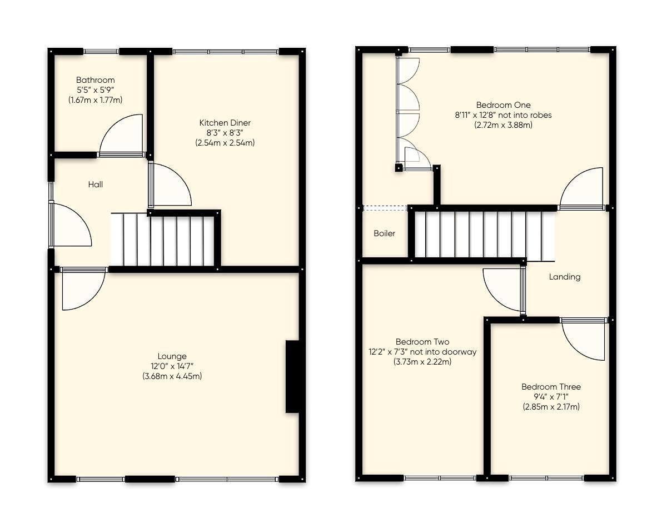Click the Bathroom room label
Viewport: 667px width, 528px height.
(95, 80)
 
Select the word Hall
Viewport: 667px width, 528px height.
(95, 185)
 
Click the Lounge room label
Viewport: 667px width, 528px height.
(172, 356)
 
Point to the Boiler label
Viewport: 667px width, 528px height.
(384, 233)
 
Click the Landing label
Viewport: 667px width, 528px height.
(564, 277)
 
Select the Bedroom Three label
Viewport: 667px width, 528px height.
(551, 387)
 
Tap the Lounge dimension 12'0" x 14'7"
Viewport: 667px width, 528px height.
(172, 366)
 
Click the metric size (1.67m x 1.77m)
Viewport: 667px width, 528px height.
(95, 100)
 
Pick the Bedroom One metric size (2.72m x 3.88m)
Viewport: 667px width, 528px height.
(503, 125)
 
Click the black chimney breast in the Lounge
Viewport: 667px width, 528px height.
(292, 376)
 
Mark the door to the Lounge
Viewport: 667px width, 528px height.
(82, 289)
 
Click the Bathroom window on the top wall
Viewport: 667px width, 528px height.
(101, 52)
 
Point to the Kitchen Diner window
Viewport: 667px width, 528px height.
(225, 52)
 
